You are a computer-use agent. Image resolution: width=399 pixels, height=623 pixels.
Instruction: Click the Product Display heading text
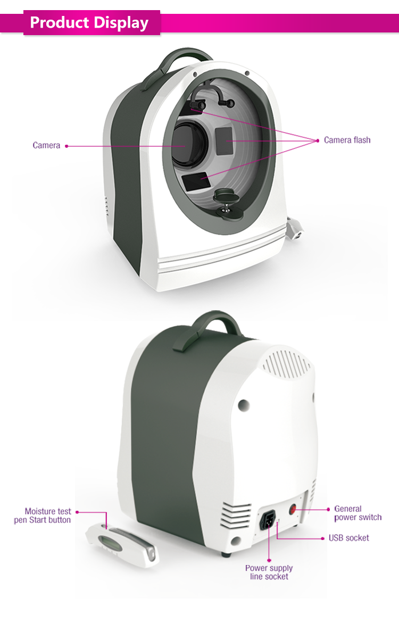click(89, 22)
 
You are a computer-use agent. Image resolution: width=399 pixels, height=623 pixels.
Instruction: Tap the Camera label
click(46, 145)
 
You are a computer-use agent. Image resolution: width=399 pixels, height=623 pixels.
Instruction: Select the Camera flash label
click(347, 140)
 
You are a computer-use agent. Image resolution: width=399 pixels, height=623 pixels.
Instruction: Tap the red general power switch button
click(293, 509)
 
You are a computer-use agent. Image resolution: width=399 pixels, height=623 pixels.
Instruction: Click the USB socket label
click(348, 538)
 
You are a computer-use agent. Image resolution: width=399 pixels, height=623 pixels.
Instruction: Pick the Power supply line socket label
click(269, 572)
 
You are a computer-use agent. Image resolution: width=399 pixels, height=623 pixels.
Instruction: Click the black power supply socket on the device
click(269, 519)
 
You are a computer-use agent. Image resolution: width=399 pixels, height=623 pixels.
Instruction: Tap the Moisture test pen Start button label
click(43, 516)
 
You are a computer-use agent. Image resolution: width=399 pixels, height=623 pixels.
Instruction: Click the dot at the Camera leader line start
click(66, 145)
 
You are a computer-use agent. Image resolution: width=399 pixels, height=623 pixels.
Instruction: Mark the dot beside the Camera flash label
click(318, 140)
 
